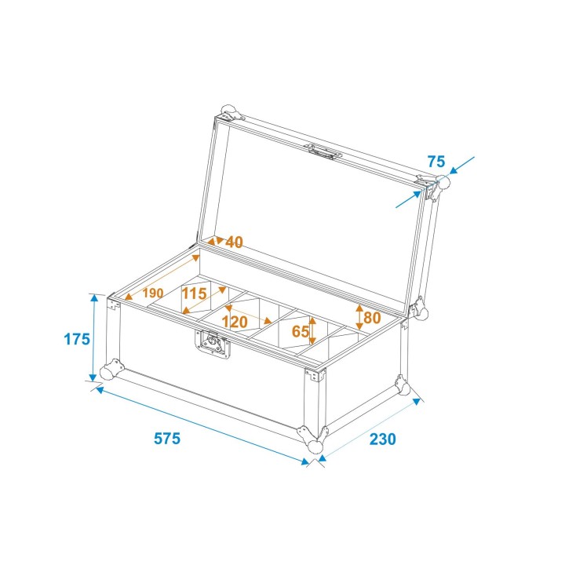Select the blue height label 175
(x=76, y=339)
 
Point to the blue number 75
(x=436, y=162)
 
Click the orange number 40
(x=234, y=242)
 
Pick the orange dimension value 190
(x=153, y=293)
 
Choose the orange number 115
(x=194, y=293)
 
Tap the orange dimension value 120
(x=235, y=321)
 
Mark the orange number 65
(x=300, y=331)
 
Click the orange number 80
(x=372, y=318)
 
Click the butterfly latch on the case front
(x=213, y=344)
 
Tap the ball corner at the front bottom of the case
(x=315, y=445)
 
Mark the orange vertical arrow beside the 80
(x=359, y=317)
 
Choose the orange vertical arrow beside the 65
(x=313, y=331)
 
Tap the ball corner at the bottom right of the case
(x=407, y=388)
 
